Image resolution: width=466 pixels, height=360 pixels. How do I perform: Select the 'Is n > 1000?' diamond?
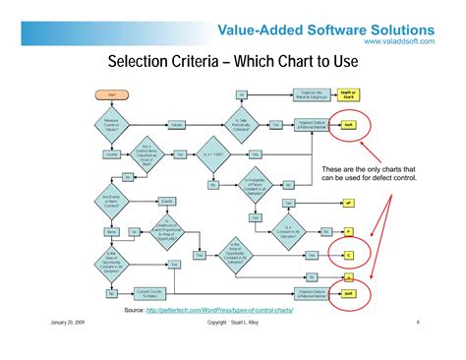tap(214, 154)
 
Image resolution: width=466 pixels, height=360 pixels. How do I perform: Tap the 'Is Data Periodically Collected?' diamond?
tap(241, 125)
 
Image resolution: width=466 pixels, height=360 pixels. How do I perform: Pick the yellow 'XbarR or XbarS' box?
tap(348, 94)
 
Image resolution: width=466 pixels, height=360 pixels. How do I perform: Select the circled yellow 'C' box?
tap(348, 254)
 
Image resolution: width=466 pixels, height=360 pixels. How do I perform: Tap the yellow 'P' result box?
tap(348, 230)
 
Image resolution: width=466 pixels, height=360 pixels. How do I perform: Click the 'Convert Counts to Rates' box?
tap(148, 293)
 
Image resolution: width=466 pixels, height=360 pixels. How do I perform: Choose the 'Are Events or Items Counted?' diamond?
tap(110, 201)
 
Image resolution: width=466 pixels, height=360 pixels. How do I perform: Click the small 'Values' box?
tap(177, 125)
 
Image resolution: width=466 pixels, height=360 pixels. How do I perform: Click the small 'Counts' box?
tap(110, 154)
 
